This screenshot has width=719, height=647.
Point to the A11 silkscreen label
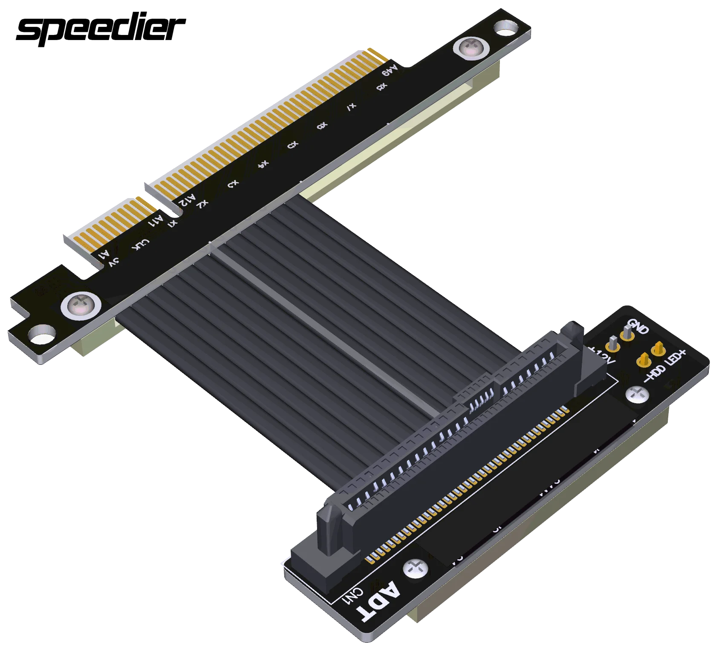point(156,221)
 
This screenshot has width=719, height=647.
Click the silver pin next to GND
point(627,332)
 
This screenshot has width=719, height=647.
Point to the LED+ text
point(675,358)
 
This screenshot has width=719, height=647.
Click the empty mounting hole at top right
point(505,30)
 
